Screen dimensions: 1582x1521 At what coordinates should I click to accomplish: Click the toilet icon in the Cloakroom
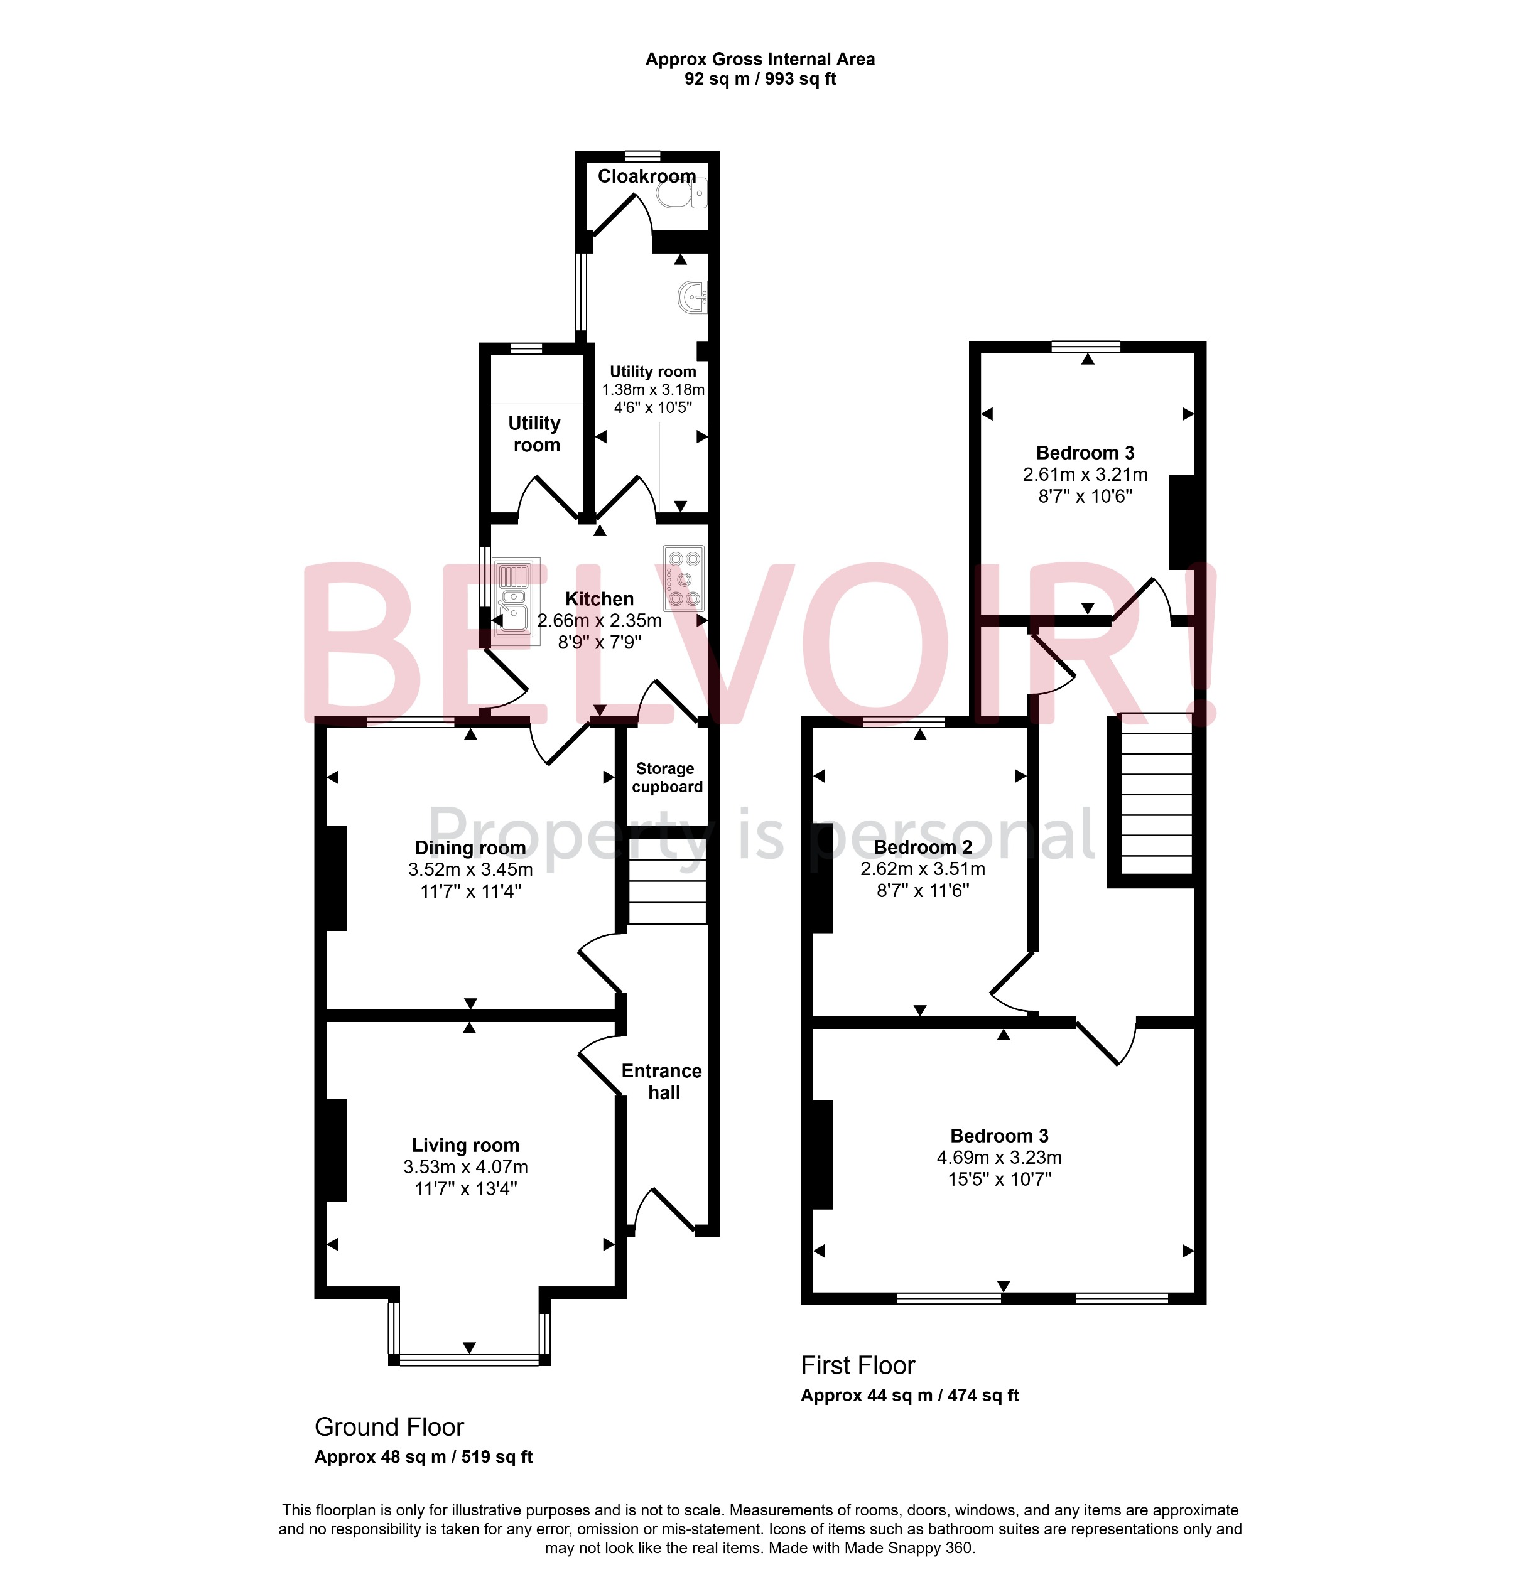point(682,194)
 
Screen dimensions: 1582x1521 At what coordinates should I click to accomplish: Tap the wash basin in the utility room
point(693,297)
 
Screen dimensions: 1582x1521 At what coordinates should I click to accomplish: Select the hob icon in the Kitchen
point(684,579)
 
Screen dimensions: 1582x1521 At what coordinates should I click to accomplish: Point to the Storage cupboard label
point(667,777)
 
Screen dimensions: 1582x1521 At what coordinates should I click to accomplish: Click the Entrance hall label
point(662,1082)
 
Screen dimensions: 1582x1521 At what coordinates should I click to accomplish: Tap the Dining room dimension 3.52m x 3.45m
point(470,869)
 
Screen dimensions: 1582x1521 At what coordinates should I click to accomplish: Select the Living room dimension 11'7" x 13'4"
point(466,1188)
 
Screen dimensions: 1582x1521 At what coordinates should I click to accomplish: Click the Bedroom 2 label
point(923,847)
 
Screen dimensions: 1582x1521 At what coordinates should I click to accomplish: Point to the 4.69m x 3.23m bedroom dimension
point(1000,1158)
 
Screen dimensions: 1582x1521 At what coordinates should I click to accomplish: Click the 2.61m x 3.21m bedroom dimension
point(1085,475)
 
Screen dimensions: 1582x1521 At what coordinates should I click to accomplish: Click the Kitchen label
point(599,599)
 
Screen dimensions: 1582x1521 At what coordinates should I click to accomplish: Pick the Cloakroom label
point(647,176)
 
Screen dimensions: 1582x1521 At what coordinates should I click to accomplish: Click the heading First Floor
point(857,1365)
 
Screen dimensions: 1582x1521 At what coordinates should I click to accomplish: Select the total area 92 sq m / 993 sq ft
point(760,79)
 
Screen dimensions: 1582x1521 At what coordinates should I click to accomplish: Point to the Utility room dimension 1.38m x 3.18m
point(653,389)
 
